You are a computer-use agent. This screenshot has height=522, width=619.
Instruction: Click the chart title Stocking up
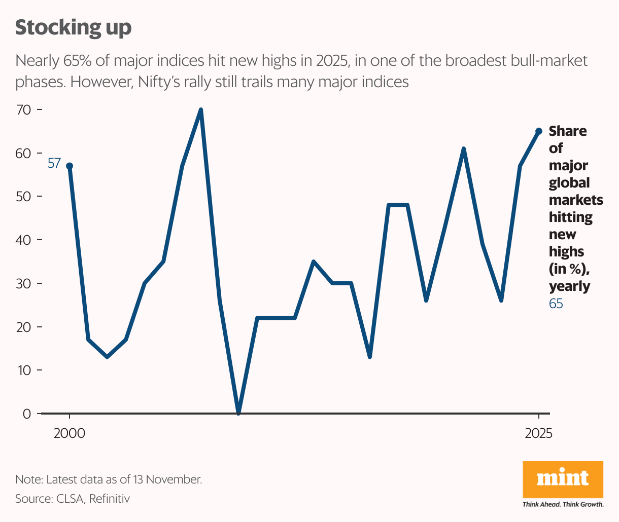73,27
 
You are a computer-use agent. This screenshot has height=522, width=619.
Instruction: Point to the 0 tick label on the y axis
27,414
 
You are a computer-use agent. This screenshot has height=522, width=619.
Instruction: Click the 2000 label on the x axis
70,434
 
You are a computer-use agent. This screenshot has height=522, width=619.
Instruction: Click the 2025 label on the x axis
538,434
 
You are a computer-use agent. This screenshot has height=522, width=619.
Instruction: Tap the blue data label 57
54,163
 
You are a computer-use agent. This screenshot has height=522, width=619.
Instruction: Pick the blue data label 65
556,304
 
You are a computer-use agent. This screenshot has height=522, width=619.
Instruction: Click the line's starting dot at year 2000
70,166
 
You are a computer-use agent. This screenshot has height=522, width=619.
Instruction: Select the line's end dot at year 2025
539,131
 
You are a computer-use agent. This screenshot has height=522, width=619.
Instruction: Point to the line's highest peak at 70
201,110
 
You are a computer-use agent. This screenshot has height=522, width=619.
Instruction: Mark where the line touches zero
238,413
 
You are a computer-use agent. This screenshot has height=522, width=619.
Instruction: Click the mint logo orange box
563,479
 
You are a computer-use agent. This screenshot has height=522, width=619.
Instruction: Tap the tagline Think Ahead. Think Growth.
563,504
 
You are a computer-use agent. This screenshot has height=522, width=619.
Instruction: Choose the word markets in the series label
576,200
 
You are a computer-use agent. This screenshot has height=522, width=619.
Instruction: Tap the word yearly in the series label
569,286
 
